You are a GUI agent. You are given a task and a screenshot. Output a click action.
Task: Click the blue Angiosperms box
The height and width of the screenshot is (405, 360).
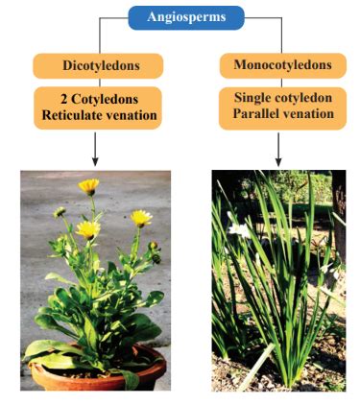(x=185, y=17)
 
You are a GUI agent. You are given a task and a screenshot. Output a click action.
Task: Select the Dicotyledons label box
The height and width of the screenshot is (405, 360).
(x=97, y=65)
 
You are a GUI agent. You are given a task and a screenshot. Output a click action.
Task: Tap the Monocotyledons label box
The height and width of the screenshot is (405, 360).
(x=276, y=65)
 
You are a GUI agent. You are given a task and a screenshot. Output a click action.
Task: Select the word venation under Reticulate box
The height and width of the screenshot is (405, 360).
(x=132, y=116)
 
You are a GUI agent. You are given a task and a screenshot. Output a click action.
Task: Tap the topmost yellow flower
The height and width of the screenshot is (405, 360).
(x=88, y=185)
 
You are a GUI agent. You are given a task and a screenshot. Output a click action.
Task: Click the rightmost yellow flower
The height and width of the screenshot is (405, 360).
(x=141, y=218)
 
